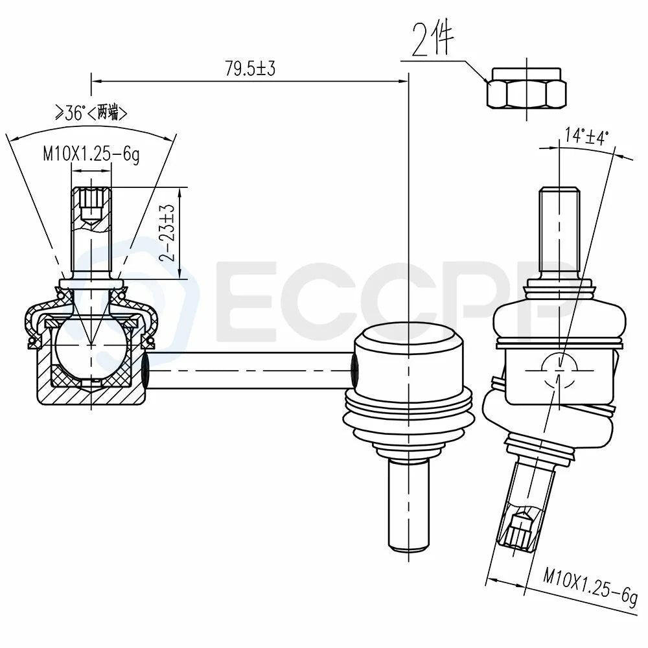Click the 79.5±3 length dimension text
(x=250, y=68)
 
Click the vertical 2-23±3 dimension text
(x=167, y=233)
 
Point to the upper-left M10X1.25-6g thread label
(x=91, y=155)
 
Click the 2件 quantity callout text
(x=433, y=40)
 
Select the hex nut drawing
(x=527, y=89)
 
